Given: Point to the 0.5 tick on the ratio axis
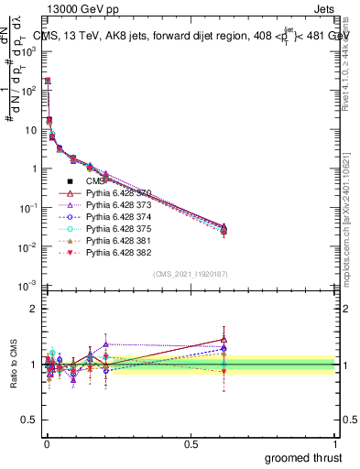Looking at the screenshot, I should click(x=27, y=421).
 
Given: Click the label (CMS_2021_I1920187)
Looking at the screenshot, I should click(x=190, y=274).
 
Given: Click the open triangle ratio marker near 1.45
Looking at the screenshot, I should click(x=224, y=339).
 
